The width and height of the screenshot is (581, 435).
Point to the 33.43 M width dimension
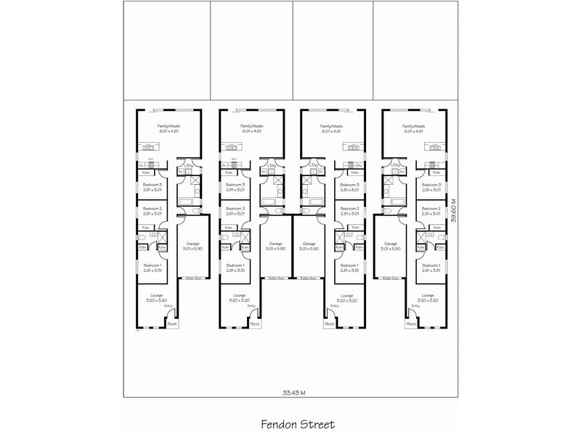(293, 392)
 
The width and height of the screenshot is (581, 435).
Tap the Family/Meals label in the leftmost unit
(169, 126)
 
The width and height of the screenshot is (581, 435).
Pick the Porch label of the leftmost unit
(171, 324)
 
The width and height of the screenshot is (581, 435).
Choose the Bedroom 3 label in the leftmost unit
(153, 186)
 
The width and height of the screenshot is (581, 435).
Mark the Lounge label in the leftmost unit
(155, 295)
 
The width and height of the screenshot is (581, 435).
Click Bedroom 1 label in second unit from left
(235, 265)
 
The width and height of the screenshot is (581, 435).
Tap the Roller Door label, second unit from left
(275, 278)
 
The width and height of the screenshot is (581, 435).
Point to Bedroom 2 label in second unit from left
(235, 209)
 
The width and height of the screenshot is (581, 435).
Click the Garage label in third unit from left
(309, 244)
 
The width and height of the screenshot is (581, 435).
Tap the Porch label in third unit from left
(329, 324)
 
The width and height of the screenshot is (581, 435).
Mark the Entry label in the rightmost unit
(415, 306)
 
